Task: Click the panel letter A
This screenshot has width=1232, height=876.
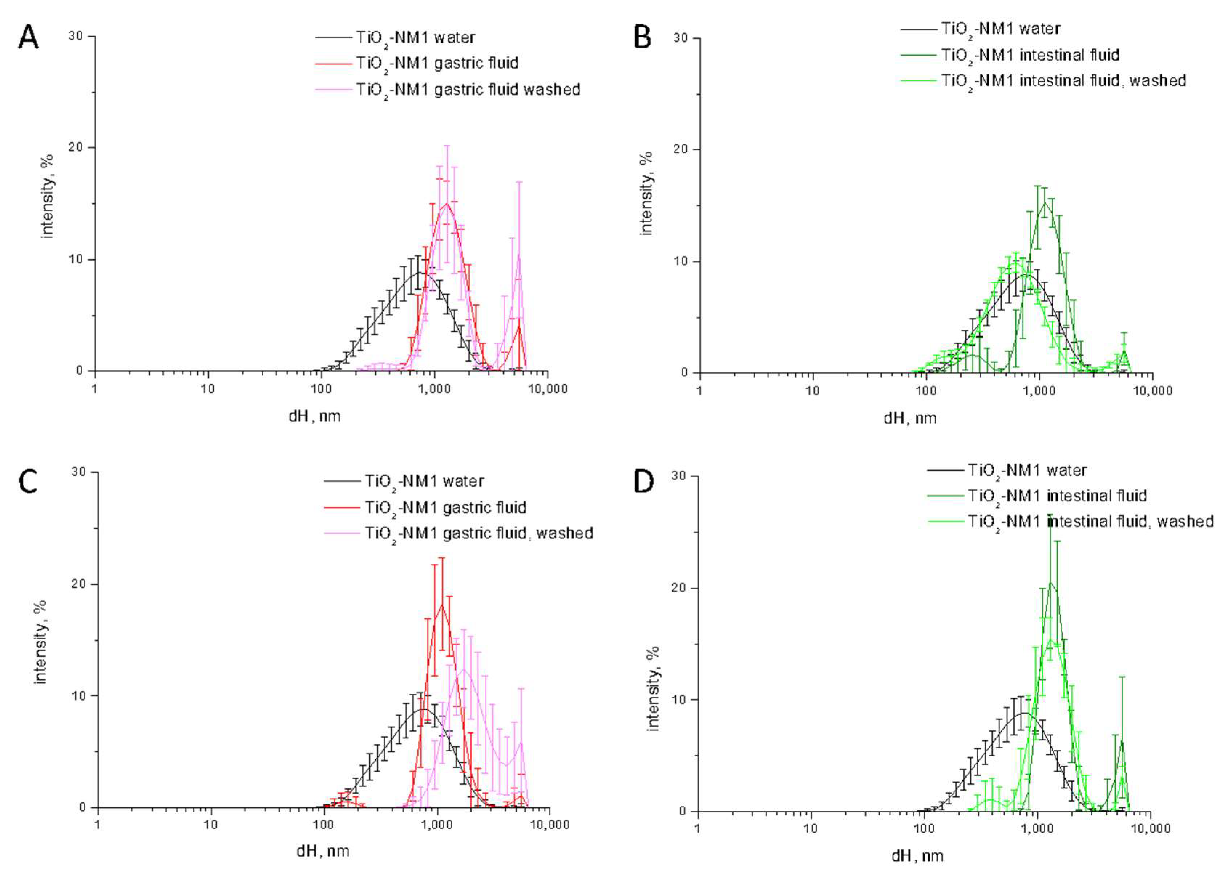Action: (28, 38)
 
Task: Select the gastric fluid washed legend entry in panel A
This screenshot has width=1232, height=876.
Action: (467, 89)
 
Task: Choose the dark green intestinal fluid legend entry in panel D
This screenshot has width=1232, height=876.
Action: (1056, 496)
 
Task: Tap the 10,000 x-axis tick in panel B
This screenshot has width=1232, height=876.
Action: (1152, 391)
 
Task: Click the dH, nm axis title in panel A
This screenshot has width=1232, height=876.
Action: (315, 416)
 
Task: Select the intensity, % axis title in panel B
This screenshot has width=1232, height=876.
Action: (646, 193)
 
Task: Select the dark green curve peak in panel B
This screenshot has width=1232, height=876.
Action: (1045, 202)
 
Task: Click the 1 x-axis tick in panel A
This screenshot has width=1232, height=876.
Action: (94, 388)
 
